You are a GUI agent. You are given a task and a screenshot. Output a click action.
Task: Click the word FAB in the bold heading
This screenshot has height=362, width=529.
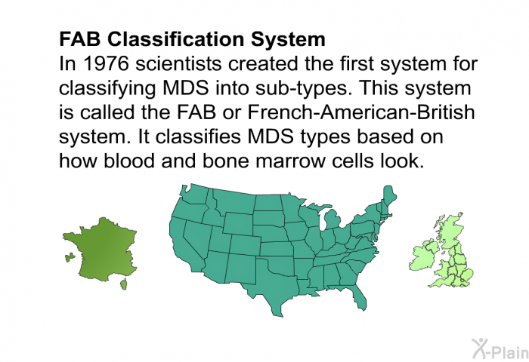tap(80, 39)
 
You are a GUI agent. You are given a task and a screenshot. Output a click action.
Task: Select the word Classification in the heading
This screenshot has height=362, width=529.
tap(177, 39)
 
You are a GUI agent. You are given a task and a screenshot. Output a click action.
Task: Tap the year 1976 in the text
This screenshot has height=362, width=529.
tap(106, 63)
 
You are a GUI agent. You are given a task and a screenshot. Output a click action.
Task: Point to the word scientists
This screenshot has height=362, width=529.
tap(179, 63)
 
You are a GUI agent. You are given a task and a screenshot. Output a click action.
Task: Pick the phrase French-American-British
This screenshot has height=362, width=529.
tap(361, 112)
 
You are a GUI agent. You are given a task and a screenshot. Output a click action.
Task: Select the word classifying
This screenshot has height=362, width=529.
tap(107, 89)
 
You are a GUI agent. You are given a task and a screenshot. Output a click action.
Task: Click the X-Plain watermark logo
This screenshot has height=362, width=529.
tap(500, 349)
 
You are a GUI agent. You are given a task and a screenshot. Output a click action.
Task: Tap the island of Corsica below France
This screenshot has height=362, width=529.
tap(124, 284)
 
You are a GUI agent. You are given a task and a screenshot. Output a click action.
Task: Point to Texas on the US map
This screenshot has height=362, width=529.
tap(274, 287)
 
